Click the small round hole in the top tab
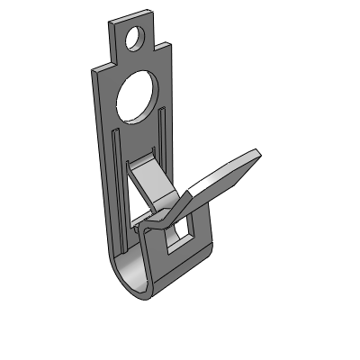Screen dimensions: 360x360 click(x=135, y=39)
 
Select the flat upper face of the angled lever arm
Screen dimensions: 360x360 click(x=220, y=179)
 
